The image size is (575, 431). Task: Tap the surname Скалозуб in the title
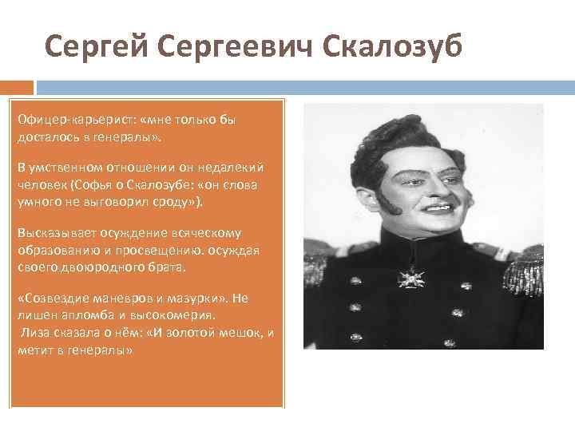[x=392, y=47]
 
